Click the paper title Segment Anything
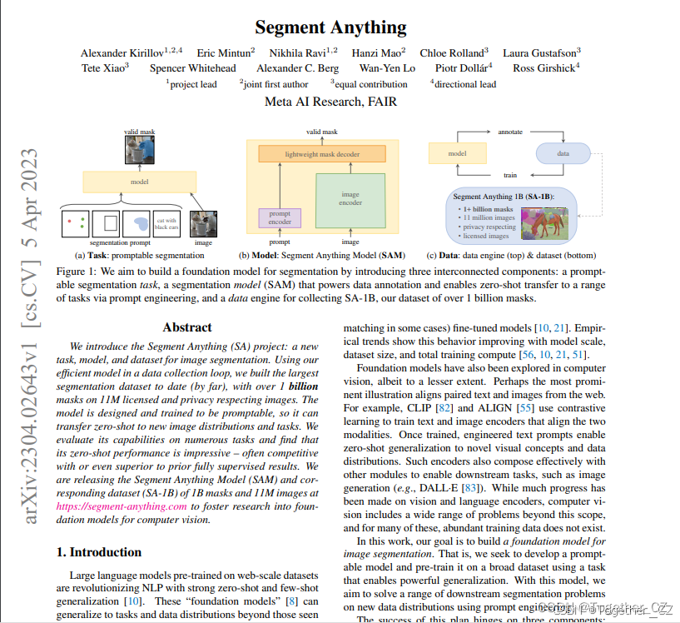[x=330, y=27]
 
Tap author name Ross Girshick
[x=544, y=68]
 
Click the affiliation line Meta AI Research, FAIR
[x=330, y=102]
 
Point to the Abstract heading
[x=187, y=327]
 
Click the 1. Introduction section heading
[x=98, y=551]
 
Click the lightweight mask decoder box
[x=322, y=154]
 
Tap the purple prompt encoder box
[x=280, y=217]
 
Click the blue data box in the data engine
[x=563, y=154]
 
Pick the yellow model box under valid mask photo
[x=139, y=182]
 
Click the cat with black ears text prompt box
[x=166, y=222]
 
